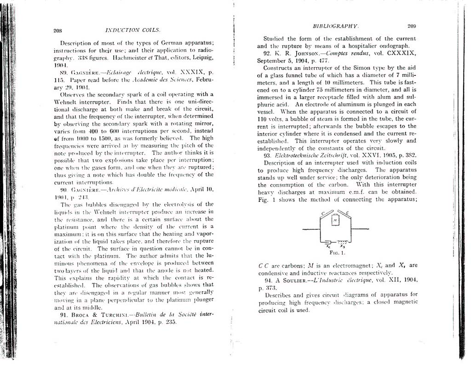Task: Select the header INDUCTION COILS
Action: pos(133,30)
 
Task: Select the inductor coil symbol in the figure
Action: pos(341,242)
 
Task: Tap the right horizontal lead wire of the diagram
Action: pos(360,228)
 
